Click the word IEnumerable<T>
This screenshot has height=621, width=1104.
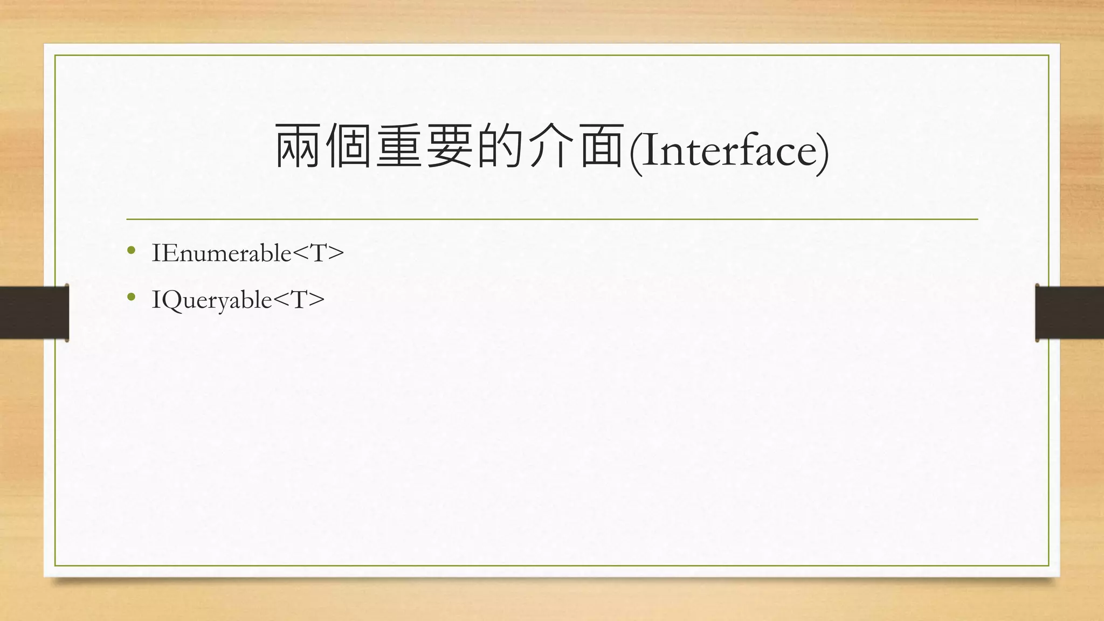click(247, 253)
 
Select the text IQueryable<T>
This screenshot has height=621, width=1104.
click(238, 300)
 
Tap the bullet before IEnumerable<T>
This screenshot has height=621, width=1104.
click(131, 250)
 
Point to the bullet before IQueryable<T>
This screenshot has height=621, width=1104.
click(131, 296)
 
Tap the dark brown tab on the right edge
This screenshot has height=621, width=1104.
click(1069, 313)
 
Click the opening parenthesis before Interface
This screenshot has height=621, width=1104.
click(636, 151)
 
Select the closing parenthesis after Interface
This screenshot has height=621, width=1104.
click(823, 151)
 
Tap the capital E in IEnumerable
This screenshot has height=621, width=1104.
click(168, 253)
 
